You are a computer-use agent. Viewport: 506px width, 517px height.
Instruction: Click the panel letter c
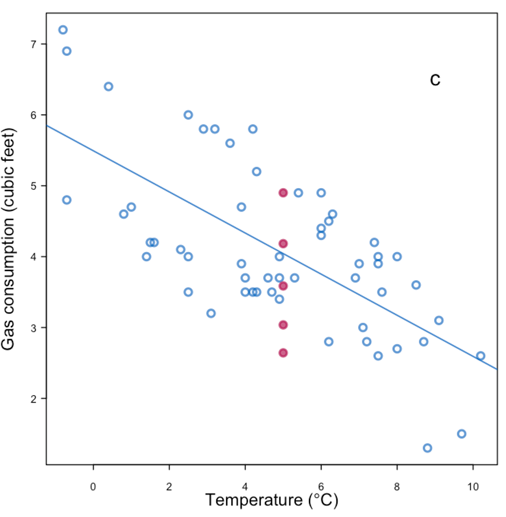click(x=435, y=79)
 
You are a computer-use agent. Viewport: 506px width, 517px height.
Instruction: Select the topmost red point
click(x=283, y=193)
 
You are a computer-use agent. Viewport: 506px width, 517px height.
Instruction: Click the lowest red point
click(x=283, y=353)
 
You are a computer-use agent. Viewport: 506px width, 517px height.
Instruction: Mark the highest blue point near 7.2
click(x=63, y=30)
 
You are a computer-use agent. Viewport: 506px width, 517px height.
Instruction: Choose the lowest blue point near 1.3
click(x=427, y=448)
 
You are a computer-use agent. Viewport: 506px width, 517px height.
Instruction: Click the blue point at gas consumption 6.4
click(x=109, y=86)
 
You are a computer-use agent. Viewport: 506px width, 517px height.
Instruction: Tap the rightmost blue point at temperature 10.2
click(x=480, y=356)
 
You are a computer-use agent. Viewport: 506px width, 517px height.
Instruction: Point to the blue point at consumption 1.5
click(x=461, y=434)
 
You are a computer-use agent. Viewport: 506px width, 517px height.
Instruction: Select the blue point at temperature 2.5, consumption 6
click(x=188, y=115)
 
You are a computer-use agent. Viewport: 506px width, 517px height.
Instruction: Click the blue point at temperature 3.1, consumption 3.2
click(x=211, y=313)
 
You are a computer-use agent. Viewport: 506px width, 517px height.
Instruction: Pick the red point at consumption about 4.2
click(x=283, y=244)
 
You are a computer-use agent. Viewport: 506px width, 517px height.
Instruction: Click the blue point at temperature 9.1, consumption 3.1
click(x=439, y=320)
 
